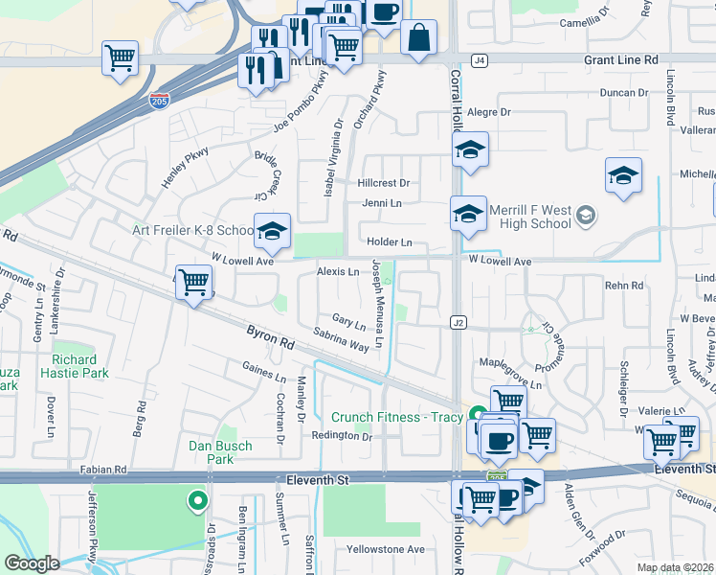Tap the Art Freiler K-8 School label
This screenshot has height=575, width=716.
coord(192,230)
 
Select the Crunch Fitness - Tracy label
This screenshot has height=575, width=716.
coord(397,417)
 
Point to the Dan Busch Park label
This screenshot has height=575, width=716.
coord(220,452)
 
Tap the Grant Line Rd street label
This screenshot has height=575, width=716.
coord(621,59)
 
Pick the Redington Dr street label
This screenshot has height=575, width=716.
coord(341,436)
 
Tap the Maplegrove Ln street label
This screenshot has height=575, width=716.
coord(510,385)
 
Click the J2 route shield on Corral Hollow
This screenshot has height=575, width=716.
coord(459,323)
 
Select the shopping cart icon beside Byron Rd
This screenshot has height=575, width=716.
coord(194,282)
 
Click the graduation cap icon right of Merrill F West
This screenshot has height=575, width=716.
coord(623,176)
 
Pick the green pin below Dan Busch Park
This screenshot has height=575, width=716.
coord(197,499)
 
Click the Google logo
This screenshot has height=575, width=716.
coord(33,564)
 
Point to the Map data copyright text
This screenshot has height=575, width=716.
coord(673,567)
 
